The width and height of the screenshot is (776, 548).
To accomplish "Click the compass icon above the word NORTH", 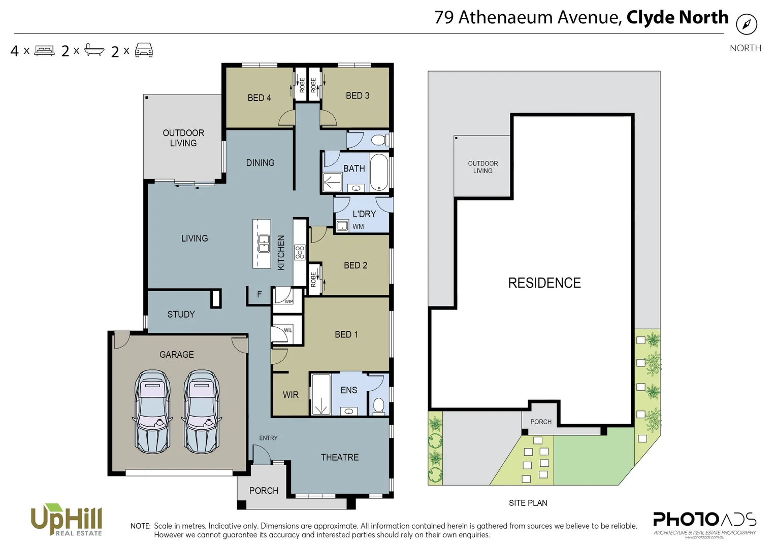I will coord(746,24).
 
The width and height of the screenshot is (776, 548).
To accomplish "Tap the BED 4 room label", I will coord(259,97).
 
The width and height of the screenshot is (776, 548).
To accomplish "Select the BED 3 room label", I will coord(358,95).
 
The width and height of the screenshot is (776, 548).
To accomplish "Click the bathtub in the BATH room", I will coord(378,172).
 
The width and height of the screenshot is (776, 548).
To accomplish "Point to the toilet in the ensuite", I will coord(378,405).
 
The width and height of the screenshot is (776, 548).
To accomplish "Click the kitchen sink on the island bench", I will coord(264,244).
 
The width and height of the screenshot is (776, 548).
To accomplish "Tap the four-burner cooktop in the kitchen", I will coord(300,252).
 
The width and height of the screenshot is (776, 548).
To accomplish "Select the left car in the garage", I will coord(152,412).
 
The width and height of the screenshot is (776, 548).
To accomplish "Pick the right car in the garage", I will coord(202,412).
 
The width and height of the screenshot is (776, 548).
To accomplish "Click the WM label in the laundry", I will coord(358,227).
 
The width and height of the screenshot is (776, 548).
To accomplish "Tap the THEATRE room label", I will coord(339,457).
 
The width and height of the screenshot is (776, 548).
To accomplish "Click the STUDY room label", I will coord(181,314).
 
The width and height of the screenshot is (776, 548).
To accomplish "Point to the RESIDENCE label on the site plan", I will coord(544,283).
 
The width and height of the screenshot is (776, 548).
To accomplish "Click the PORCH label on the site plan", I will coord(540,422).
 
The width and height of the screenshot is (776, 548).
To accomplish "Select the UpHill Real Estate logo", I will coord(67,520).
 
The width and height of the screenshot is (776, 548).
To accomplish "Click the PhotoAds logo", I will coord(704,522).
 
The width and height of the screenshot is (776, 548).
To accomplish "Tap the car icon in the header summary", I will coord(144,50).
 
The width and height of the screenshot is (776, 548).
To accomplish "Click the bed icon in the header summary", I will coord(44,51).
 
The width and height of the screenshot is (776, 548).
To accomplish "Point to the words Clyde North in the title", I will coord(677,17).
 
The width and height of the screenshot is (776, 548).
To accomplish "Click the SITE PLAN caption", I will coord(528,503).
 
